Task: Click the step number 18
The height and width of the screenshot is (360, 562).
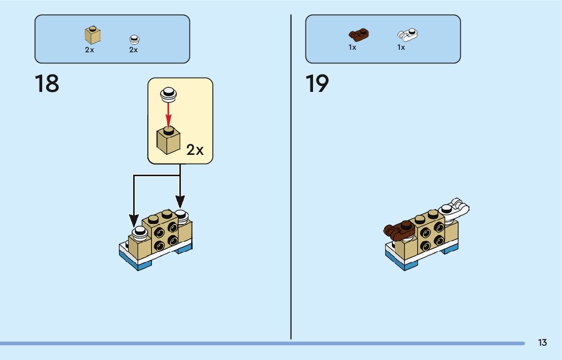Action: point(47,84)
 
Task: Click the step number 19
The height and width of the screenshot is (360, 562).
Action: point(317,84)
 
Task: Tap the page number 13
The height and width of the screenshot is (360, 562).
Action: point(542,343)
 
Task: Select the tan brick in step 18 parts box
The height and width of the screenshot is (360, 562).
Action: point(92,35)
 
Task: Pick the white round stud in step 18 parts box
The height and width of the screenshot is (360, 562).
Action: point(134,39)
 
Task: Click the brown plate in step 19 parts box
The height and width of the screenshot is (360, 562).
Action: point(359,35)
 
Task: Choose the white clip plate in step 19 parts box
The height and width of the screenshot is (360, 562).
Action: point(407,35)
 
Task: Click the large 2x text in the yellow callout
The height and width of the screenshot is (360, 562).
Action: point(195,150)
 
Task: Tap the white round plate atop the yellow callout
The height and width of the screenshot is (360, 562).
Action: point(168,93)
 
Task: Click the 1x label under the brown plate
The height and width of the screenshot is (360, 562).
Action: point(352,47)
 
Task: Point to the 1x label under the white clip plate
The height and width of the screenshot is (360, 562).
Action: point(401,47)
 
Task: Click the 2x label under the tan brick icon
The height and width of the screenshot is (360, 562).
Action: point(89,50)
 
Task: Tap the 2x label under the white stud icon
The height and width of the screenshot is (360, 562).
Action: point(134,50)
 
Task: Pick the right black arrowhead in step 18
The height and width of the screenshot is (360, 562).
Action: point(180,202)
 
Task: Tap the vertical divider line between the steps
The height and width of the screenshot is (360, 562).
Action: point(291,178)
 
